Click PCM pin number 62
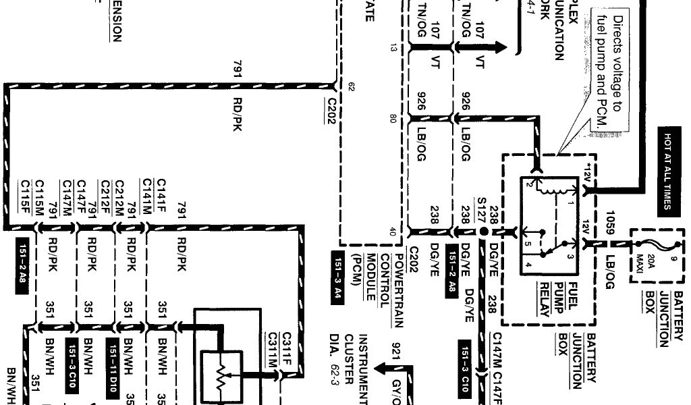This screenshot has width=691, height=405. click(351, 86)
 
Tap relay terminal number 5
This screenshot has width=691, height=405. click(530, 244)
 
